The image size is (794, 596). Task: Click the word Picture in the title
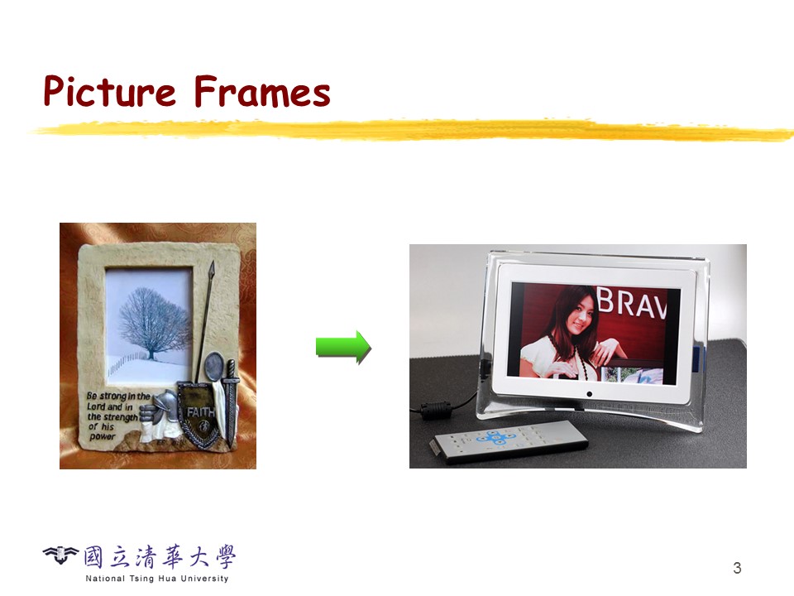click(109, 91)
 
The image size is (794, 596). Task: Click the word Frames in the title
click(262, 91)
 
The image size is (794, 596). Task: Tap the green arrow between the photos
click(343, 347)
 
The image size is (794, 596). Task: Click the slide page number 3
click(737, 568)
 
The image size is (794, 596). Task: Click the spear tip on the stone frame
click(212, 268)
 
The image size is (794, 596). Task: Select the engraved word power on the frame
click(103, 437)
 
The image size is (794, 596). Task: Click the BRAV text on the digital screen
click(631, 303)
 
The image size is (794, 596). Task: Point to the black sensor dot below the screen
click(589, 394)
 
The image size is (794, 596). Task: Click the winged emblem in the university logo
click(60, 555)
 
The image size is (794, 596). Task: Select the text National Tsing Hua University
click(157, 579)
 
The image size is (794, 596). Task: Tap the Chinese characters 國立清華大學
click(160, 557)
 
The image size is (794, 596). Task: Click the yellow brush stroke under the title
click(410, 130)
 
